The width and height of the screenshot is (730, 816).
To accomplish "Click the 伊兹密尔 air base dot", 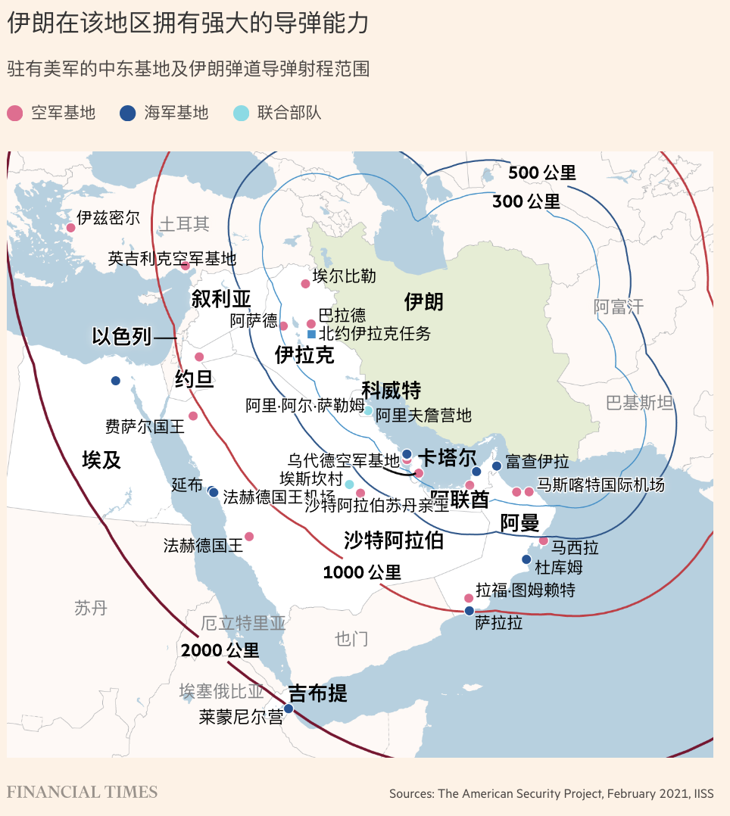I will (x=71, y=227).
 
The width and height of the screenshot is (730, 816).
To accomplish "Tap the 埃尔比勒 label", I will (x=344, y=276).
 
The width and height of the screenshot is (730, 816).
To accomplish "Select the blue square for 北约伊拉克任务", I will (x=311, y=334).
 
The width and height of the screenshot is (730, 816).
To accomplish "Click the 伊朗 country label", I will (x=423, y=302).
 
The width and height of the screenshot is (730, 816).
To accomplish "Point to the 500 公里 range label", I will (x=541, y=173).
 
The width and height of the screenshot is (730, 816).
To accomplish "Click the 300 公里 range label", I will (x=526, y=201).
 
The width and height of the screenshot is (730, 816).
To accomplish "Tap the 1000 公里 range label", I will (x=362, y=573).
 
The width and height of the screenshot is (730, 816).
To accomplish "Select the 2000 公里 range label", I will (x=220, y=650).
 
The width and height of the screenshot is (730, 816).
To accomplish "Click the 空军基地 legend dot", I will (x=15, y=114).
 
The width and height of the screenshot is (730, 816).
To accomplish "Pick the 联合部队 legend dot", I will (x=241, y=114).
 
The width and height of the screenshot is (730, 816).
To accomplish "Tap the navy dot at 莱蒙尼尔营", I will (x=289, y=709).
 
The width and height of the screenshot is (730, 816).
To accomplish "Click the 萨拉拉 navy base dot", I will (x=470, y=610).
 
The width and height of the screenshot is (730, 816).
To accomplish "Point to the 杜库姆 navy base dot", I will (x=526, y=559).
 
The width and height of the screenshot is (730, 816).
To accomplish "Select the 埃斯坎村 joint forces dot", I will (x=350, y=484).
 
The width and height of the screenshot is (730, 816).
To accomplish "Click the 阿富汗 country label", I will (x=618, y=307).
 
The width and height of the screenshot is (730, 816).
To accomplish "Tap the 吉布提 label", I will (x=318, y=693).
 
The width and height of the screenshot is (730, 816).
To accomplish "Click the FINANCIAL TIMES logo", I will (x=83, y=793).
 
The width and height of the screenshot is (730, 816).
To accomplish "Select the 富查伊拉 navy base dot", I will (x=497, y=466).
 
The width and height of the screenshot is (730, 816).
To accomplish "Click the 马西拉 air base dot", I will (x=543, y=541).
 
